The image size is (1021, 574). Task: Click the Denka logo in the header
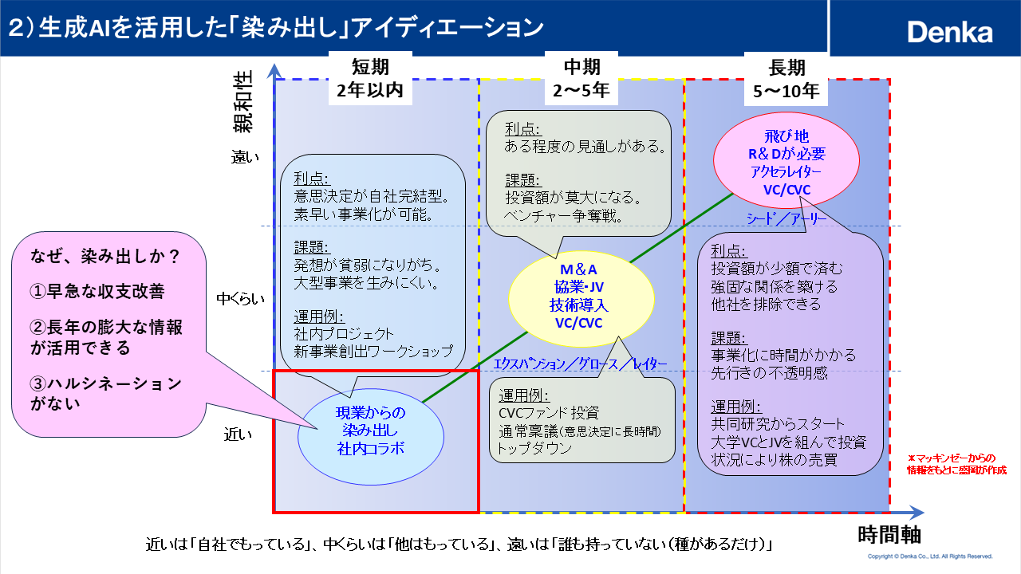pyautogui.click(x=949, y=32)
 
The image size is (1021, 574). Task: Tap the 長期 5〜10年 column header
pyautogui.click(x=786, y=78)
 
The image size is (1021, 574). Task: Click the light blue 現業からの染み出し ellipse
pyautogui.click(x=370, y=431)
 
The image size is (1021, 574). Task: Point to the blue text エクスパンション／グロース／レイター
pyautogui.click(x=580, y=364)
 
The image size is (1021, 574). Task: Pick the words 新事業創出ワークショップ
pyautogui.click(x=373, y=351)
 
